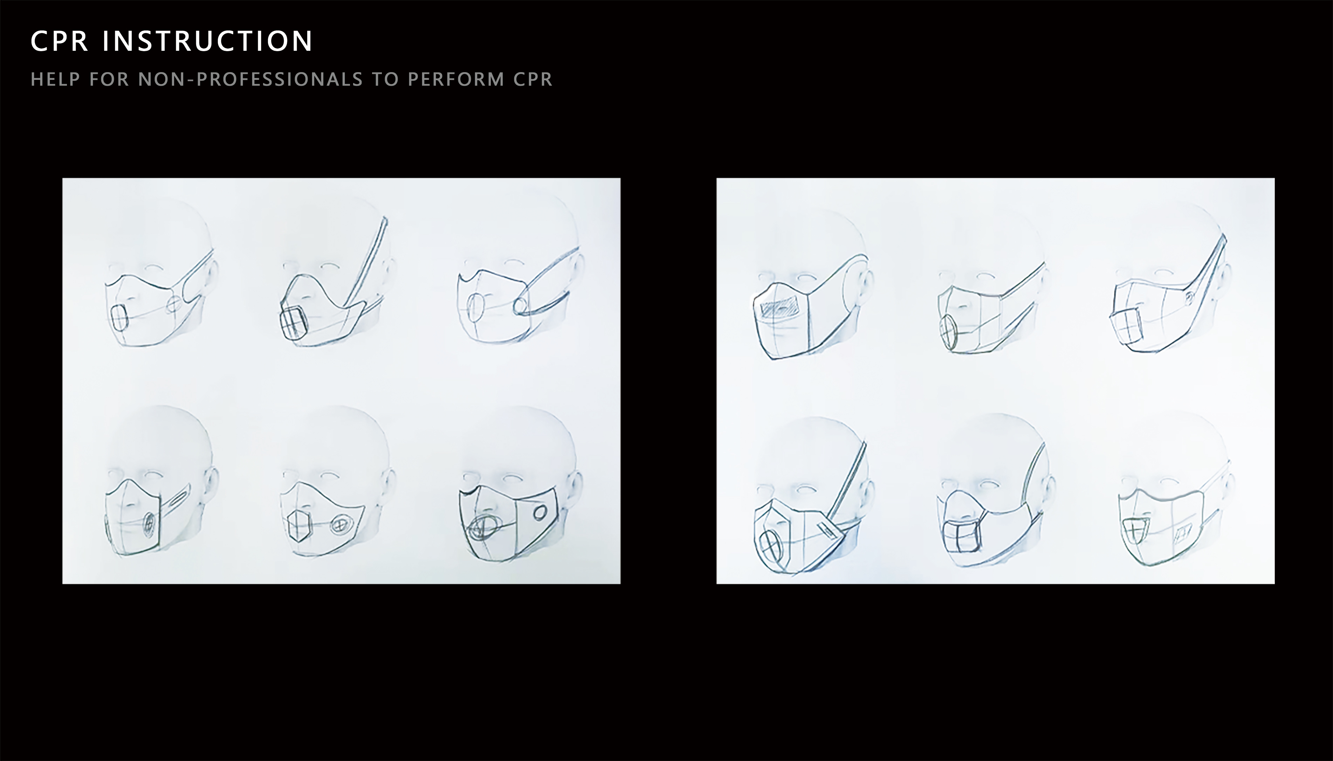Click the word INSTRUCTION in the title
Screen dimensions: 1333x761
pos(207,41)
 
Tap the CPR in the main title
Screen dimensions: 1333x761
pos(60,41)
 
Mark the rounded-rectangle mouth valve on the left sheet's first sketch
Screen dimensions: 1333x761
pos(120,317)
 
